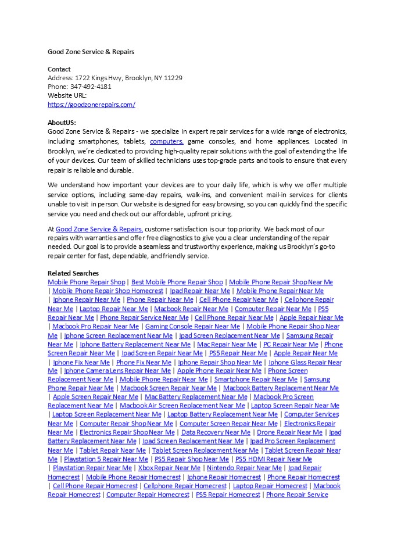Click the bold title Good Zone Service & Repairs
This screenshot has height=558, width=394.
point(91,51)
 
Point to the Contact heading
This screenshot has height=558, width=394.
point(59,69)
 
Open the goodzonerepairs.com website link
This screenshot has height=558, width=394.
point(91,105)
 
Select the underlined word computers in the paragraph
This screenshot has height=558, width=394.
point(166,141)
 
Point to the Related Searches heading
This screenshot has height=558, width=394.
point(73,273)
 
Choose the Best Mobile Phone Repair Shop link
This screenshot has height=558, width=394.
point(177,282)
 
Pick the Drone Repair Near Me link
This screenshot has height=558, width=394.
point(289,432)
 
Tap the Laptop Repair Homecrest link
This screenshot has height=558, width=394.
point(270,486)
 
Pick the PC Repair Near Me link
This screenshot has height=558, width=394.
point(291,345)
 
